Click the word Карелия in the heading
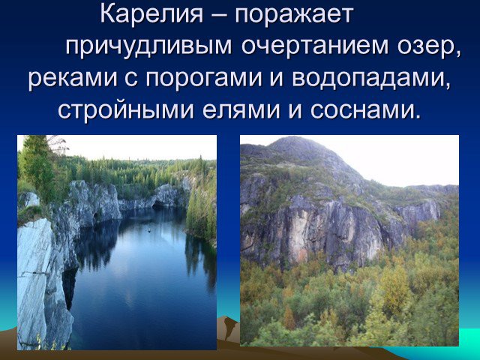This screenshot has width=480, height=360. pos(151,14)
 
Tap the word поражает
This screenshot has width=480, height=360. pos(294,15)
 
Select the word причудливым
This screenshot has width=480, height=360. pos(148,46)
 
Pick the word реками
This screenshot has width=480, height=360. pos(73,78)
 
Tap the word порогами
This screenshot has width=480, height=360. pos(203,79)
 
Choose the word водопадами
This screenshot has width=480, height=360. pos(371,79)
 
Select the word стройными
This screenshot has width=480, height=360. pos(126,109)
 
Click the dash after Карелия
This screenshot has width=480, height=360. pos(219,15)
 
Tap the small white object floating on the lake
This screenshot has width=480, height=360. pos(150,231)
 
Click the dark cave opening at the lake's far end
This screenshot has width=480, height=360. pos(159,205)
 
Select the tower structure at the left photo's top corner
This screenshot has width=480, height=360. pos(58,145)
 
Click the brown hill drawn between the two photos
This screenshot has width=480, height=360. pos(228,329)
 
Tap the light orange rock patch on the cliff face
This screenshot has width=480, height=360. pos(299,232)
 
